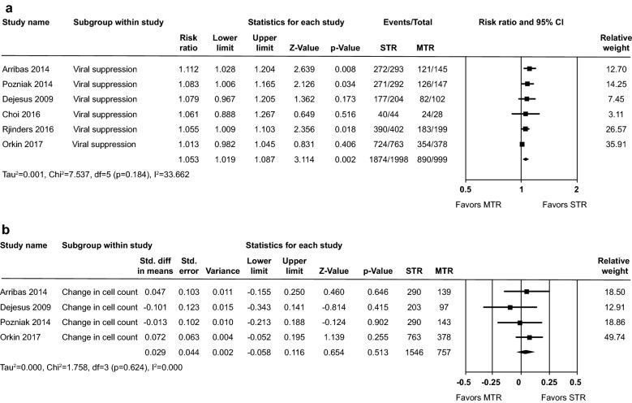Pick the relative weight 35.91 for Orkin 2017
pyautogui.click(x=612, y=144)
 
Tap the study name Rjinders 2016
pyautogui.click(x=29, y=129)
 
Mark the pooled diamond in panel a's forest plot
pyautogui.click(x=526, y=159)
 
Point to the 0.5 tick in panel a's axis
pyautogui.click(x=466, y=188)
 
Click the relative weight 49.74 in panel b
pyautogui.click(x=612, y=335)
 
